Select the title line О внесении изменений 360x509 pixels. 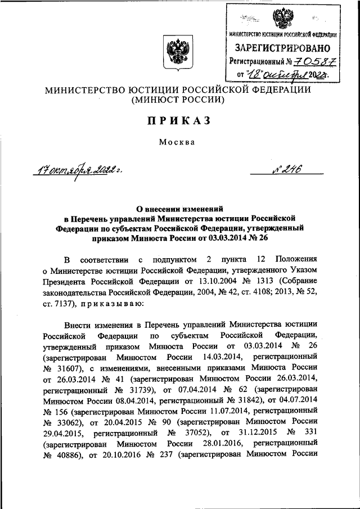coord(179,207)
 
